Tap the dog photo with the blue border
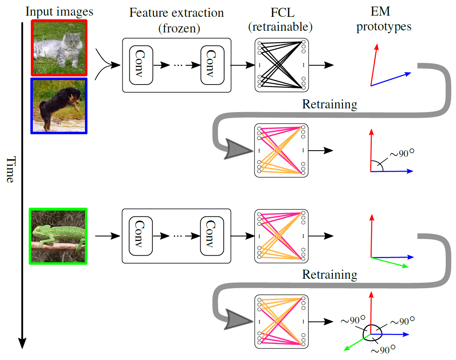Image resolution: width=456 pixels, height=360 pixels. coord(60,105)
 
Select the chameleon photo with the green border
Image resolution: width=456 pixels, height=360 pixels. coord(58,236)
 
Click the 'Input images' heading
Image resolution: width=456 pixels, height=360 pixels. coord(60,11)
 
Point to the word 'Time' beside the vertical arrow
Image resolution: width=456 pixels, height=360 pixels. coord(11,169)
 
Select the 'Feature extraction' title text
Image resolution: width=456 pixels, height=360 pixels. coord(176,12)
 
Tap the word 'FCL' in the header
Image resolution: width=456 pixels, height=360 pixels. coord(280,12)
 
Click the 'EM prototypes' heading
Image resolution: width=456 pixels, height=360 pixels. coord(384,20)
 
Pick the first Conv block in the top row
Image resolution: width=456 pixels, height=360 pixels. coord(141,65)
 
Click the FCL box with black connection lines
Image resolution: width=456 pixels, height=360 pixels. coord(281,64)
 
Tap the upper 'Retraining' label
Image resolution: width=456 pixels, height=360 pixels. coord(330,104)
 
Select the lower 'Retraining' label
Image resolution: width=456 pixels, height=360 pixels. coord(330,274)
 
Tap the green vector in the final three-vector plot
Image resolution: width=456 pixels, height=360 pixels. coord(357,342)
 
